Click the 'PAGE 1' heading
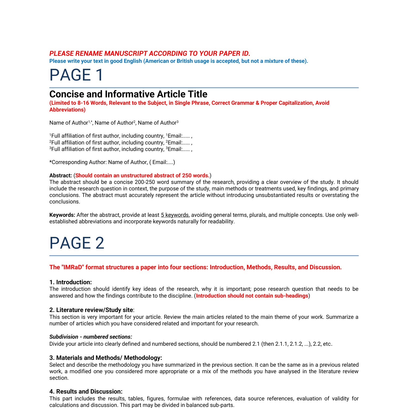pos(76,75)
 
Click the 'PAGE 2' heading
pos(77,243)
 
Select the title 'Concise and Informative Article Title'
pos(128,94)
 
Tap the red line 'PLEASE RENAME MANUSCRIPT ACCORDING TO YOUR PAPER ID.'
pos(150,53)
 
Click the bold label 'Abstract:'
pos(60,175)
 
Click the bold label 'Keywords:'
pos(62,215)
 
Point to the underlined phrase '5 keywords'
pos(175,215)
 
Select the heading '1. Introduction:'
pos(70,282)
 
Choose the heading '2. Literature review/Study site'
pos(91,310)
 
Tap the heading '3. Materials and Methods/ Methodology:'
pos(106,358)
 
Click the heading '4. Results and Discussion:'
pos(86,391)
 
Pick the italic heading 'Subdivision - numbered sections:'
pos(91,337)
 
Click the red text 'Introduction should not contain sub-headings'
pos(252,296)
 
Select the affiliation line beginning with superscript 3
pos(121,149)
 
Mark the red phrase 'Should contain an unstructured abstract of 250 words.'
pos(142,175)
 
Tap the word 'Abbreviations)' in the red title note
pos(67,110)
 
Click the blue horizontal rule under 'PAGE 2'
pos(204,256)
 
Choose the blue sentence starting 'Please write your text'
pos(178,61)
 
